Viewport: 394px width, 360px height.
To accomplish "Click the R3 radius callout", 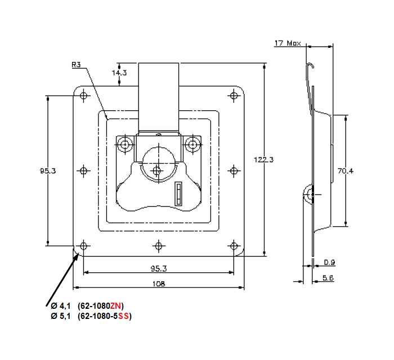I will point(77,65).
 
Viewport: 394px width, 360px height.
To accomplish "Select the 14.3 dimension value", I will point(119,73).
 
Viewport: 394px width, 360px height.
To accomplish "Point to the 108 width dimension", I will point(159,284).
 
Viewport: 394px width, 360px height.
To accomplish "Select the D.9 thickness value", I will point(330,262).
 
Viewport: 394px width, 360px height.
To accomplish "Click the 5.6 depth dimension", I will point(329,278).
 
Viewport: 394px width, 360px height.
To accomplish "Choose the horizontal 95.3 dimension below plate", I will point(159,268).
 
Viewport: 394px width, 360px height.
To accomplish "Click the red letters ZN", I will point(115,305).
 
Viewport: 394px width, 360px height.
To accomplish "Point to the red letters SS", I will point(123,316).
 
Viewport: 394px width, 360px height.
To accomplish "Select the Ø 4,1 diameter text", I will point(60,305).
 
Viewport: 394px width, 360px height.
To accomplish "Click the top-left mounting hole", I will point(84,95).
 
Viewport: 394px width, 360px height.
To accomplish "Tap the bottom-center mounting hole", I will point(159,246).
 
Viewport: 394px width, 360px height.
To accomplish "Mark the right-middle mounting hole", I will point(234,170).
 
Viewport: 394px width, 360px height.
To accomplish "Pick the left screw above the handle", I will point(124,144).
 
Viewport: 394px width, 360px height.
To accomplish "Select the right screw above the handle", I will point(193,144).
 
